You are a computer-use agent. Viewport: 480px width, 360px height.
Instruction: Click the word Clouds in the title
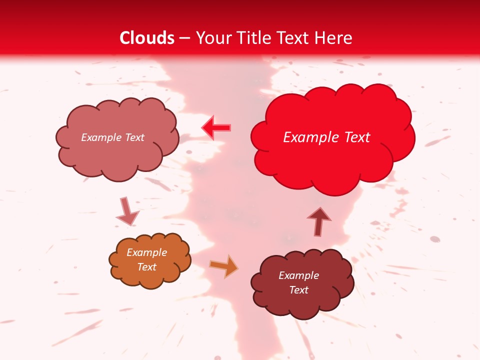tap(147, 38)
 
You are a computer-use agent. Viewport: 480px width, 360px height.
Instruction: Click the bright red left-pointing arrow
tap(216, 128)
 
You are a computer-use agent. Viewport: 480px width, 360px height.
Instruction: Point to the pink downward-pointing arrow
tap(127, 212)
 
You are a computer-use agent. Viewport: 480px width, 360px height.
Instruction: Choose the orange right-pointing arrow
tap(224, 266)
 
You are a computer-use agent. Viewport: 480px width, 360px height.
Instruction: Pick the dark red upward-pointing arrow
tap(319, 221)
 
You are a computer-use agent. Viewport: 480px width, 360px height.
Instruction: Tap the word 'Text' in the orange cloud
tap(147, 267)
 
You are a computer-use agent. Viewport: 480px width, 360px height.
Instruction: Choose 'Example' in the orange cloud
tap(147, 252)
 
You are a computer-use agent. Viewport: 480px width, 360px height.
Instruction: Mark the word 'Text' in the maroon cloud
tap(298, 290)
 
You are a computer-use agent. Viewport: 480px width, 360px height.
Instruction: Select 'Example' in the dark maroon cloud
tap(298, 275)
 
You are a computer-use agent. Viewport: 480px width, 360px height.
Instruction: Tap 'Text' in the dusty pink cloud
tap(134, 137)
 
